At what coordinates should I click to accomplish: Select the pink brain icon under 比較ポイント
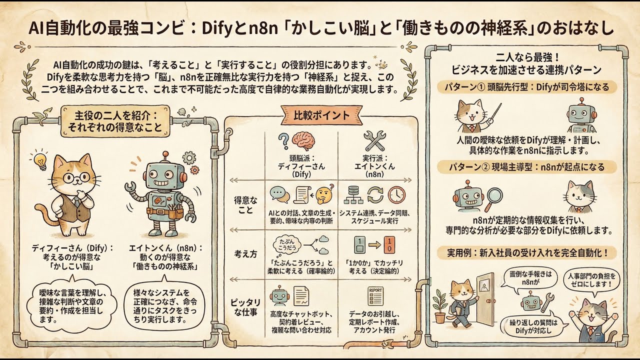click(x=303, y=141)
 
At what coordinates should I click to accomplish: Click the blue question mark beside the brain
click(x=283, y=141)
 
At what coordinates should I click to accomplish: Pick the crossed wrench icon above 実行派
click(x=374, y=140)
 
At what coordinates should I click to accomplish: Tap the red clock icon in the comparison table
click(x=396, y=195)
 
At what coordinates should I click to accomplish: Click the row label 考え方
click(x=245, y=254)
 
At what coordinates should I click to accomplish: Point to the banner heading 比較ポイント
click(x=321, y=115)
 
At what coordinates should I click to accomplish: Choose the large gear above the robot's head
click(x=189, y=157)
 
